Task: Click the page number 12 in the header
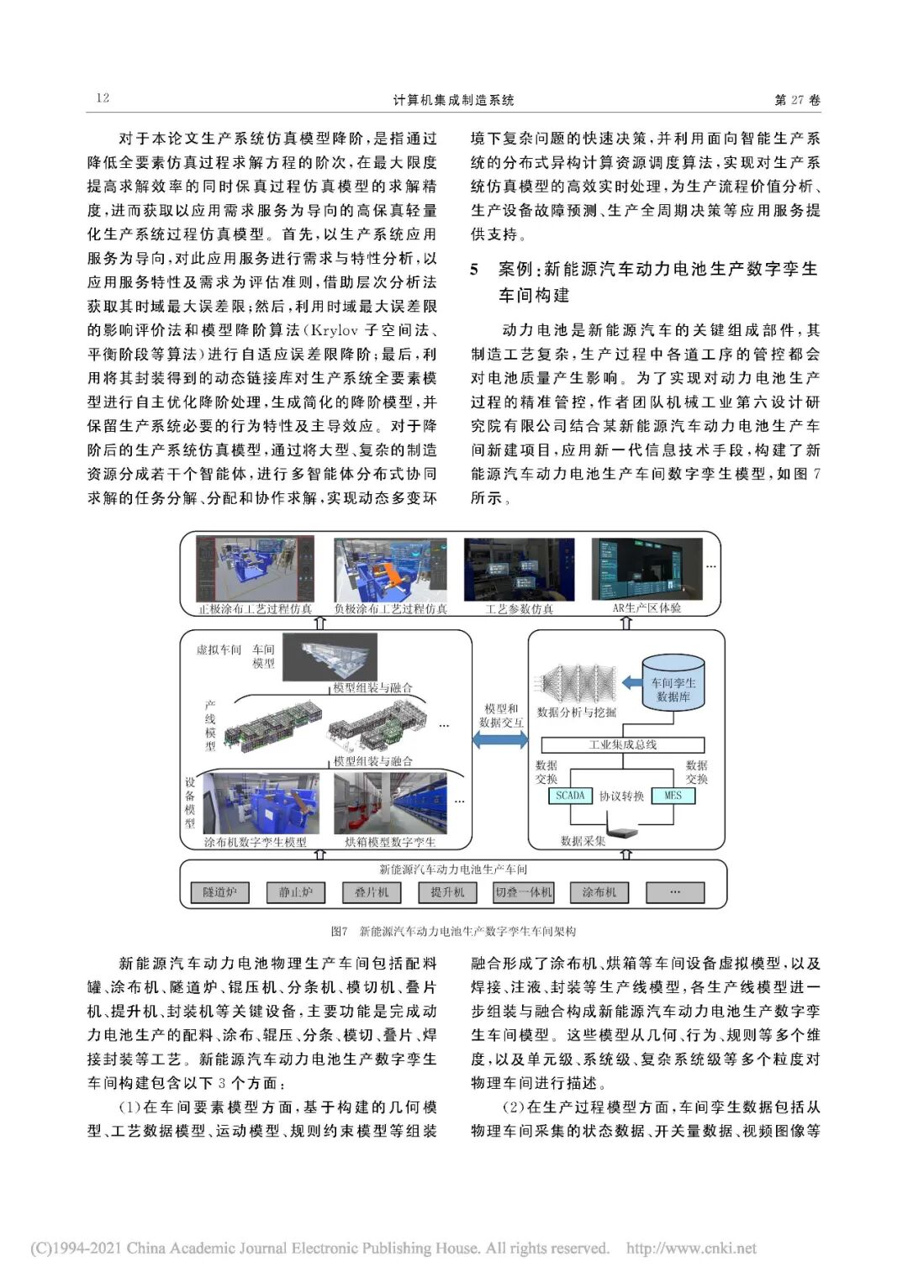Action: [103, 98]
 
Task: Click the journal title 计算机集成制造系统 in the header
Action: [453, 100]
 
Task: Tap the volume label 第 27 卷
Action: [796, 100]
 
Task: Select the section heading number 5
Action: [475, 270]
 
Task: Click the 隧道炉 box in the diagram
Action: [219, 892]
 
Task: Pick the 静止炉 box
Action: [295, 892]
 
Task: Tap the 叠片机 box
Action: [371, 892]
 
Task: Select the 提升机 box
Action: [447, 892]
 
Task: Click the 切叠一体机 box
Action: [523, 892]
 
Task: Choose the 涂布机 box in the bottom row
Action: [599, 892]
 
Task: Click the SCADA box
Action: [570, 796]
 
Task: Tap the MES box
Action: [673, 796]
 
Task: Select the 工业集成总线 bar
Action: [622, 744]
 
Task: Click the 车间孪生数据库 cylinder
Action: [673, 685]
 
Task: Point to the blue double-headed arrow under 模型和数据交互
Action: [500, 739]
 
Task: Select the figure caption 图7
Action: [339, 931]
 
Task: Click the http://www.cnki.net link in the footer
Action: [691, 1249]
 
